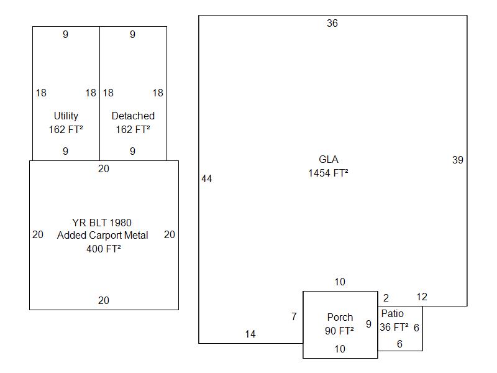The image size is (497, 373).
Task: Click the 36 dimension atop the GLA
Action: [x=332, y=24]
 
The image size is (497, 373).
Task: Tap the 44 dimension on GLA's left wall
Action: [x=207, y=179]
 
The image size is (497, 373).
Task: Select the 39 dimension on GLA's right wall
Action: [x=458, y=160]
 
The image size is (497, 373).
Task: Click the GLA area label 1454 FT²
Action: [x=328, y=173]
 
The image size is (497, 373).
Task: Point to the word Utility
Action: [x=66, y=116]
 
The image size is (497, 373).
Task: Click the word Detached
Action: [x=133, y=116]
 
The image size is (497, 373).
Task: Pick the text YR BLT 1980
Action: [x=102, y=223]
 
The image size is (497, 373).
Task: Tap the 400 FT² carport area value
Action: [x=103, y=249]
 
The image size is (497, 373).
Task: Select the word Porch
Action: [x=340, y=317]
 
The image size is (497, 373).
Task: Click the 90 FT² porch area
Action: [x=339, y=331]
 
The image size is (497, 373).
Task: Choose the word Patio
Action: [x=392, y=313]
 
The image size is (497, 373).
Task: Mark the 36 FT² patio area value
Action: [x=394, y=327]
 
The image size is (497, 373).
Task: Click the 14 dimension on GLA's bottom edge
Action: [x=250, y=334]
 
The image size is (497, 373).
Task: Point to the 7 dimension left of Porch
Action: [x=294, y=317]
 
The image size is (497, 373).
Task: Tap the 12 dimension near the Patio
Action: [x=422, y=297]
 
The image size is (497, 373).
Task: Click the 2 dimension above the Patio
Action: [x=386, y=298]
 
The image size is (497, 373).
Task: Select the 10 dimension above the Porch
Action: [x=339, y=282]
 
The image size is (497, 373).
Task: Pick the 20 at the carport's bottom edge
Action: [x=103, y=301]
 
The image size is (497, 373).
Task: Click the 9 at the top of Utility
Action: [x=65, y=35]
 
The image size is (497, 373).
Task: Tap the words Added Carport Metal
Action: [x=103, y=236]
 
